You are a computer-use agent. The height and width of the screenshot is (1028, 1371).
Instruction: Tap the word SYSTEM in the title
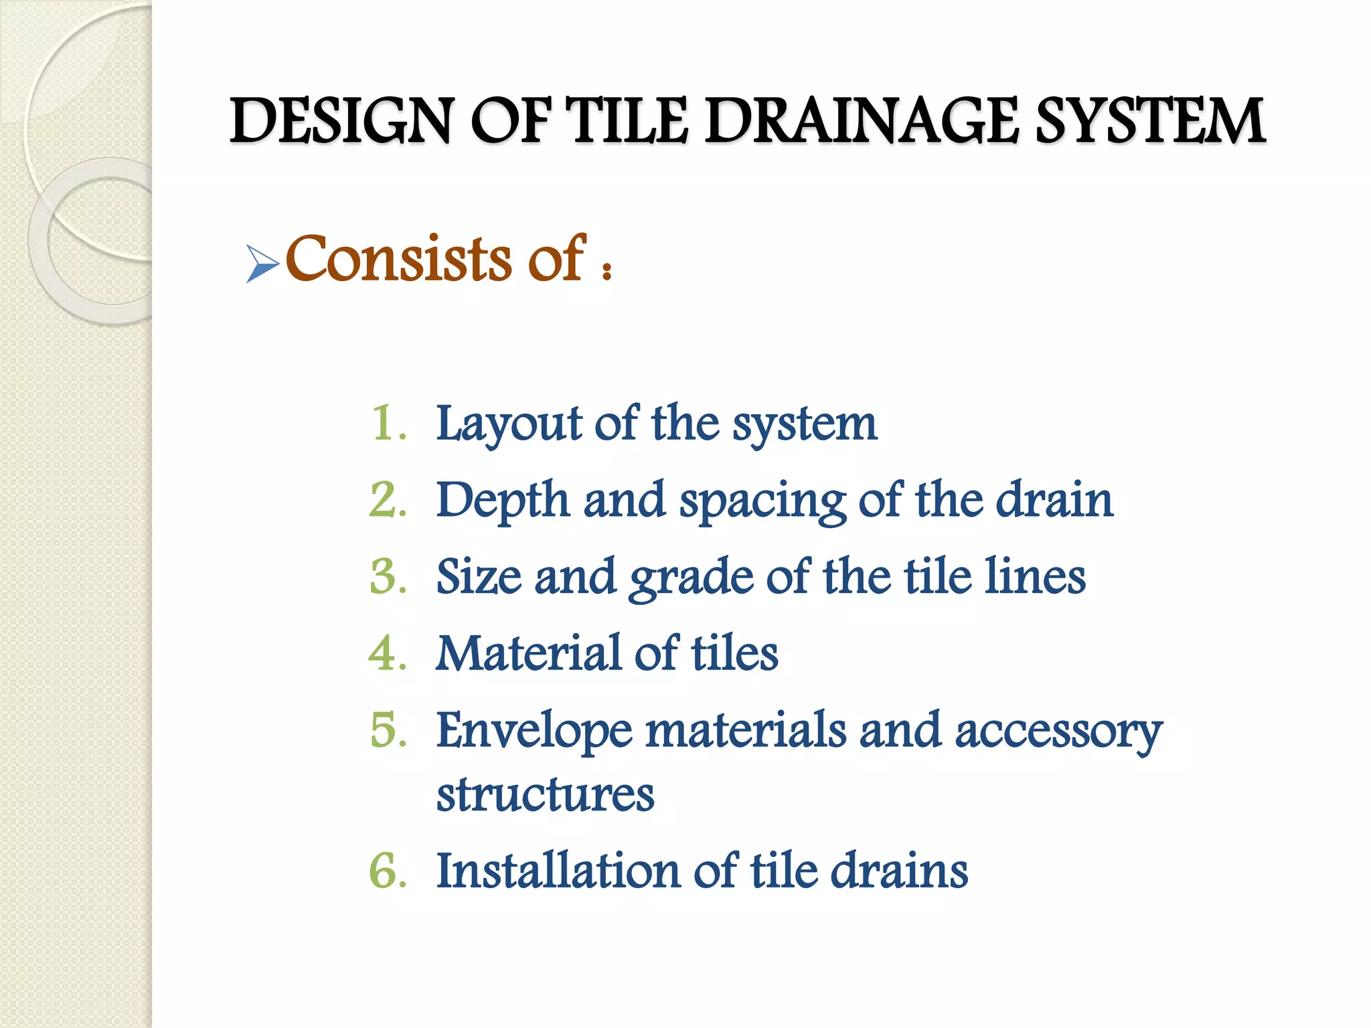click(1150, 121)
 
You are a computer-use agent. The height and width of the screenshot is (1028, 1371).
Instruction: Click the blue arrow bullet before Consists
click(262, 264)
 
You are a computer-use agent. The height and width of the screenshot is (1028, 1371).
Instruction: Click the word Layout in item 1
click(509, 424)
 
